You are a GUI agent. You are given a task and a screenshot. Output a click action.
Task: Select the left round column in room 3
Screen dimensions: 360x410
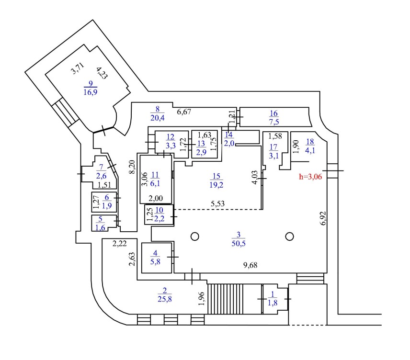coord(194,236)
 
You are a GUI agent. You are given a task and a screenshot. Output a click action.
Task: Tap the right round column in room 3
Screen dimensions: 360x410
coord(289,236)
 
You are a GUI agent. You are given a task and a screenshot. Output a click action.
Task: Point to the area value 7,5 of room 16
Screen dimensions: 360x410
coord(273,121)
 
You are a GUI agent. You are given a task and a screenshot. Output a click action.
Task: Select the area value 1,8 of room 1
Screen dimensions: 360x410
coord(273,303)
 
